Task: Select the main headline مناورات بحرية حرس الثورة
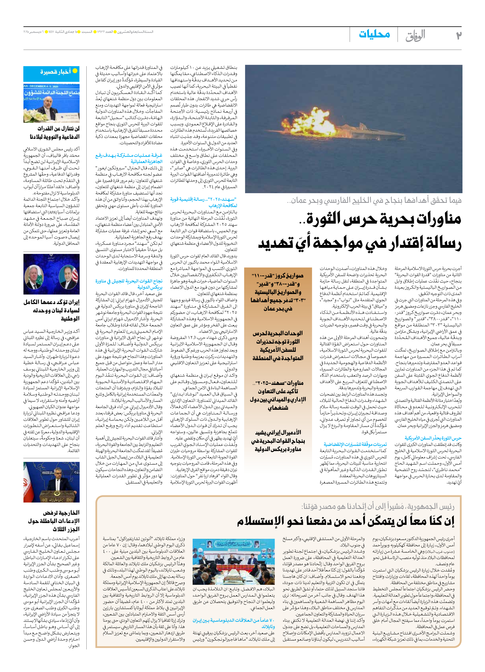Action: click(x=359, y=231)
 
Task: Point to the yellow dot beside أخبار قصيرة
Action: click(x=75, y=71)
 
